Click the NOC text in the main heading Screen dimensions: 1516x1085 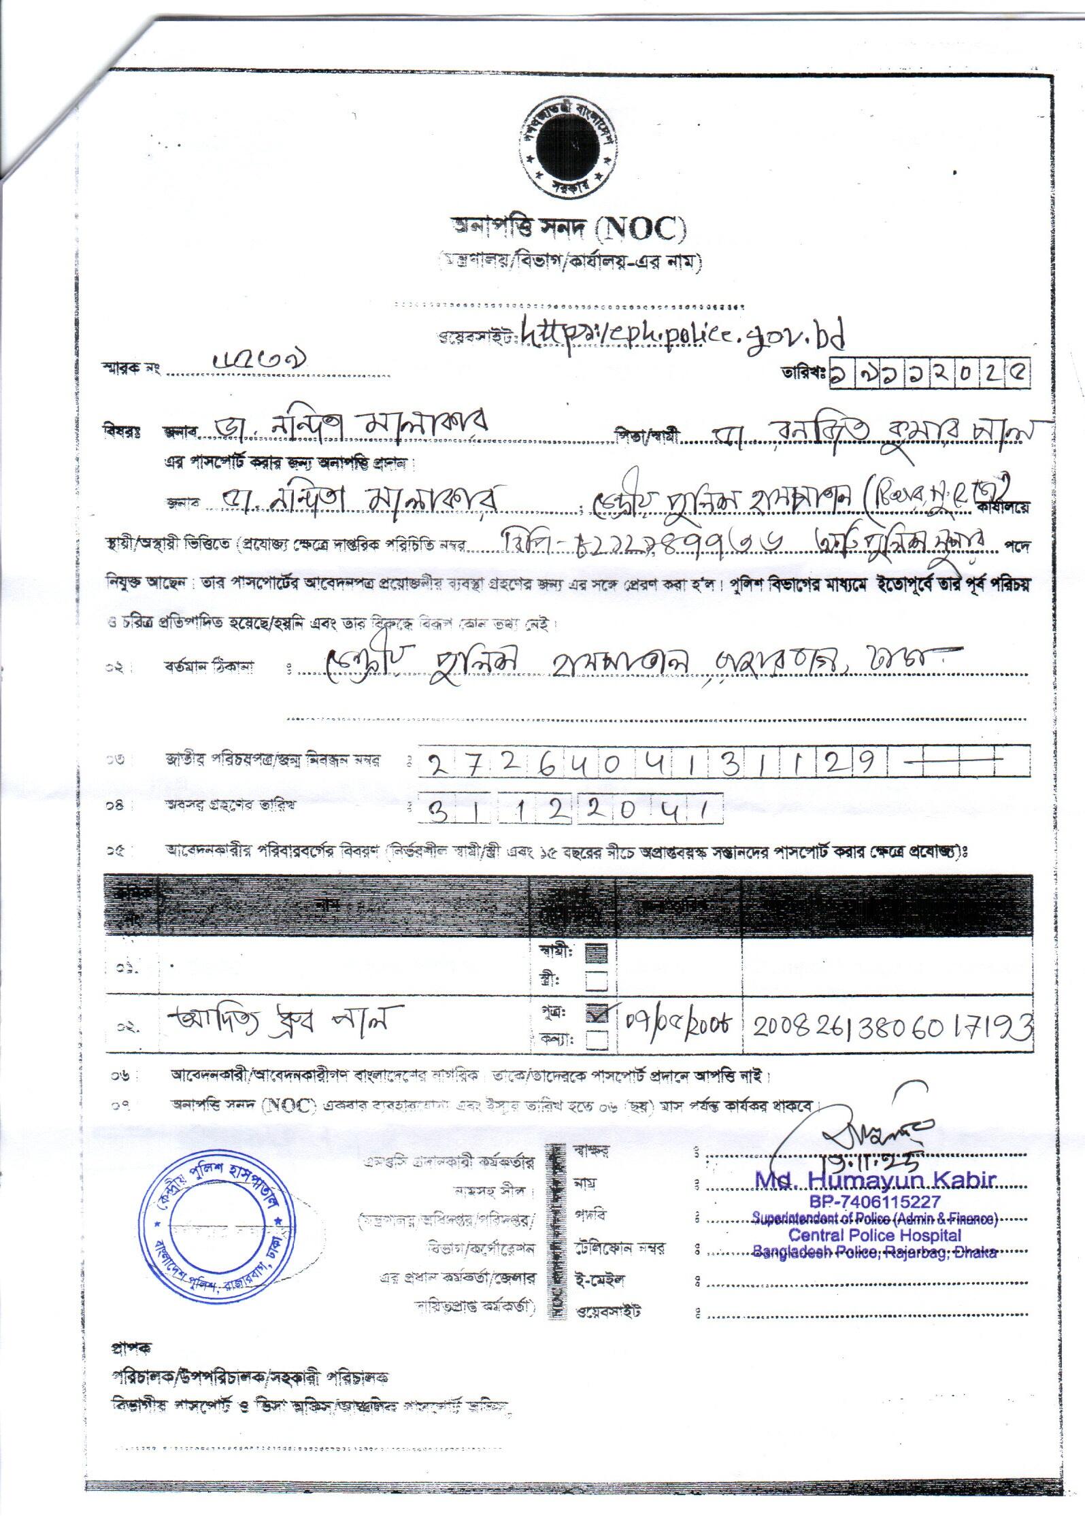(x=639, y=231)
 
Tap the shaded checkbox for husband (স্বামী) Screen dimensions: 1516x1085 (x=597, y=953)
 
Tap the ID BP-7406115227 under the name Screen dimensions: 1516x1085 (x=875, y=1202)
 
